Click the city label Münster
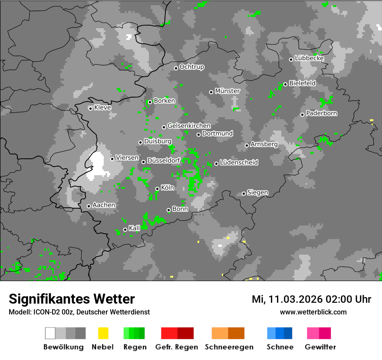[227, 91]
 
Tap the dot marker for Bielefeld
[285, 84]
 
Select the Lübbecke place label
[310, 58]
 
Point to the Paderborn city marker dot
[302, 115]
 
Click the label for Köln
[168, 188]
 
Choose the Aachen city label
[104, 205]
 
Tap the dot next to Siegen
[244, 193]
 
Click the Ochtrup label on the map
[192, 67]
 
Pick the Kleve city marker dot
[90, 108]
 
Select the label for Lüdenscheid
[239, 163]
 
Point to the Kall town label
[135, 228]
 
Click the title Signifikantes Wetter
[72, 299]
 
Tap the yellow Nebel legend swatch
[103, 333]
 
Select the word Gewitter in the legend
[320, 347]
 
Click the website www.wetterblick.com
[313, 312]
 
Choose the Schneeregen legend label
[229, 347]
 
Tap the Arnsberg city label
[264, 144]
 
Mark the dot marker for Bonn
[168, 210]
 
